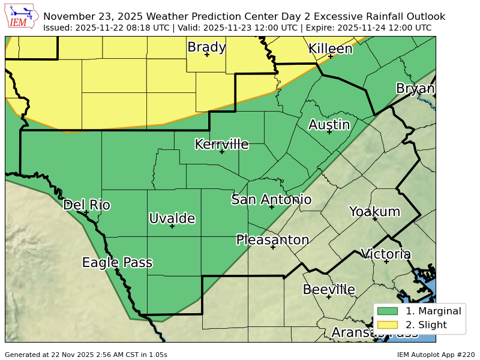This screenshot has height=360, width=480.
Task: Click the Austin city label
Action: point(329,125)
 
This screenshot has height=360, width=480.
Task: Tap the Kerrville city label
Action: point(221,144)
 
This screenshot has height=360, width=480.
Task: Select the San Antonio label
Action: point(271,199)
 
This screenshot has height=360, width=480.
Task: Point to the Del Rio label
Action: point(86,205)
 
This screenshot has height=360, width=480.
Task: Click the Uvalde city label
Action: point(172,218)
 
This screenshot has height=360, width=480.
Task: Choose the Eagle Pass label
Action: point(117,262)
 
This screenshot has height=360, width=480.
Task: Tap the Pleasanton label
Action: point(272,240)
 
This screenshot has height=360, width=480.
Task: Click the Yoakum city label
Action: point(374,211)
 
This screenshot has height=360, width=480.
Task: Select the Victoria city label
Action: point(386,254)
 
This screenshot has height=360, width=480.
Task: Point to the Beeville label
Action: point(328,289)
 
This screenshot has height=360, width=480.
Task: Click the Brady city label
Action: point(206,47)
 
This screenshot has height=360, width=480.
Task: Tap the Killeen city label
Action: point(330,49)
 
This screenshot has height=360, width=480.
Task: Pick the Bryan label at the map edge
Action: point(415,89)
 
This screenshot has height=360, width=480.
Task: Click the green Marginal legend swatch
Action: point(388,311)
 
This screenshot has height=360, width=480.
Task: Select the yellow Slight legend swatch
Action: point(388,325)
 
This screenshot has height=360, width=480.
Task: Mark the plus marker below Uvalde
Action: point(172,226)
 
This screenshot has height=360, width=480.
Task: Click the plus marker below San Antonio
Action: point(271,207)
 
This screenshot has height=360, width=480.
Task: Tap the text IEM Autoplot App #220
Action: point(436,355)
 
